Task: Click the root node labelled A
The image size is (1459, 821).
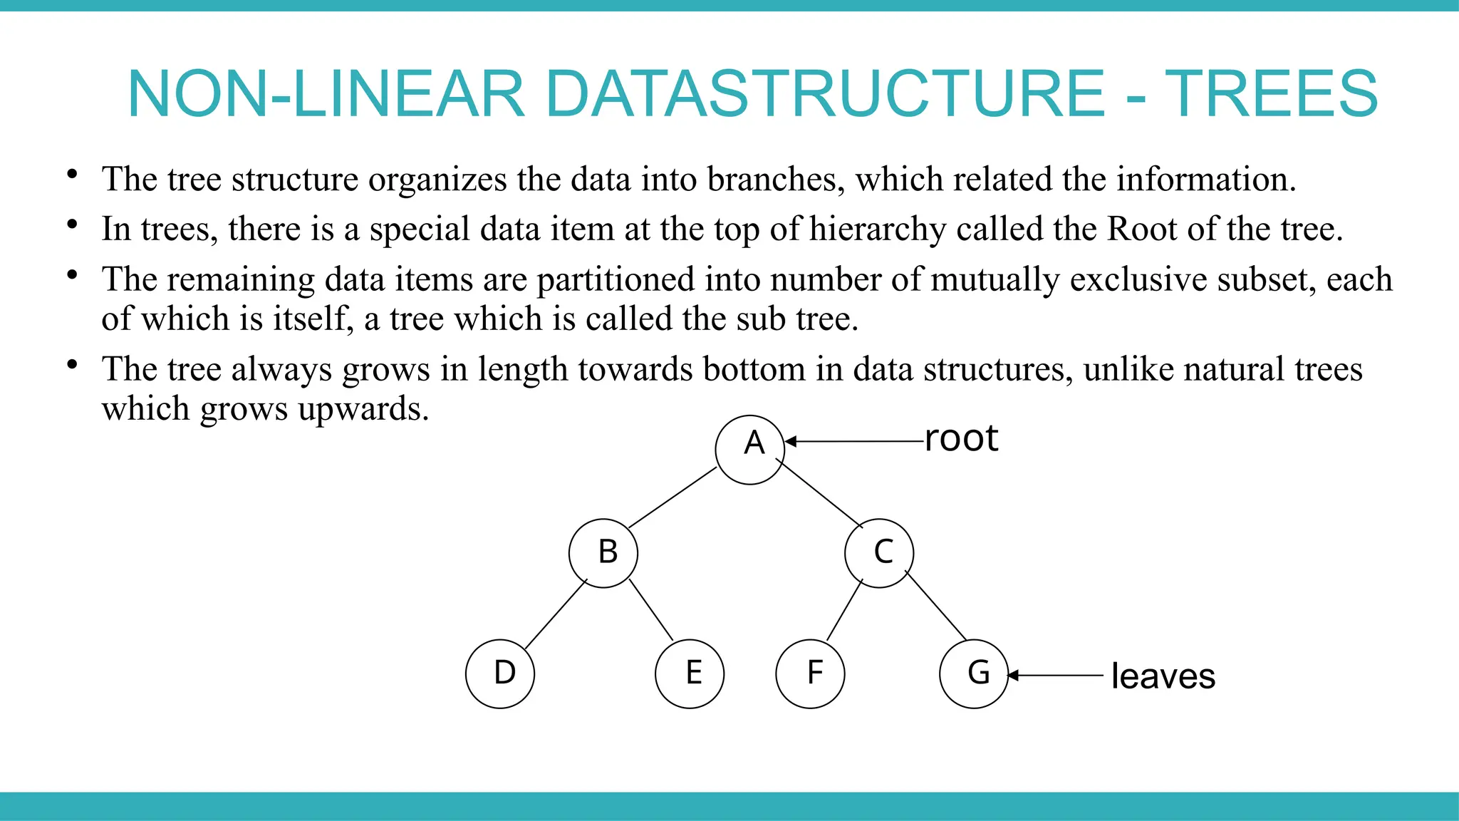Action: click(x=749, y=450)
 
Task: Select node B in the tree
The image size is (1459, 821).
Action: click(x=603, y=553)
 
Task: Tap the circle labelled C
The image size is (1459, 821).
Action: click(x=879, y=553)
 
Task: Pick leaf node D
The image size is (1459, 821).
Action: click(x=500, y=673)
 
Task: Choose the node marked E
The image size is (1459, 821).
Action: click(x=690, y=673)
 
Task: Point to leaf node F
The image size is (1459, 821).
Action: click(x=810, y=673)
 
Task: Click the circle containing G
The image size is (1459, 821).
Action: click(x=974, y=673)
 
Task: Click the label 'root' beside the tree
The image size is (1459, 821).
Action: click(x=961, y=438)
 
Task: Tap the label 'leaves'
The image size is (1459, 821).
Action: click(x=1163, y=676)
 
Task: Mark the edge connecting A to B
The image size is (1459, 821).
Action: click(x=673, y=497)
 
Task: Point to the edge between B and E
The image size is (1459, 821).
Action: click(x=651, y=610)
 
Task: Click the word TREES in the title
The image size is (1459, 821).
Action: click(x=1271, y=94)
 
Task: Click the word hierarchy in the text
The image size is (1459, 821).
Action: click(x=878, y=229)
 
